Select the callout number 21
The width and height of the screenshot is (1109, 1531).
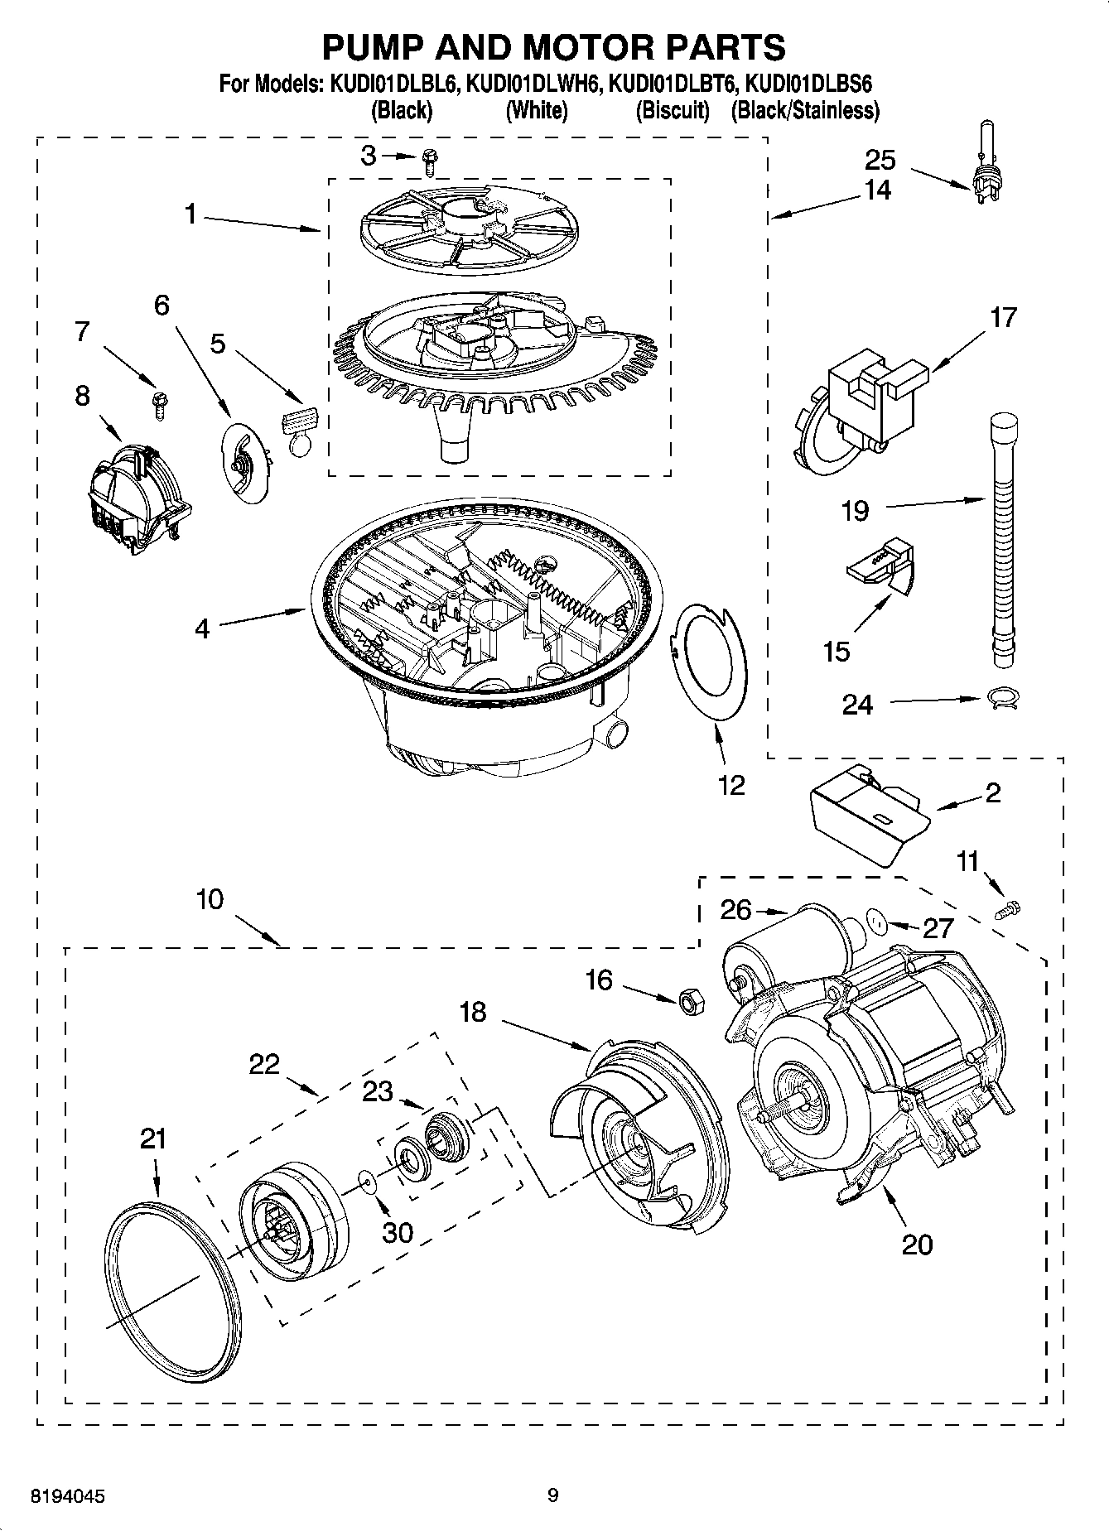pos(153,1139)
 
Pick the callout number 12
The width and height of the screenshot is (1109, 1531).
pos(731,784)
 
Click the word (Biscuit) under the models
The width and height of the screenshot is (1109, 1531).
pos(673,110)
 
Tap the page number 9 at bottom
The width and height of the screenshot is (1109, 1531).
pos(552,1495)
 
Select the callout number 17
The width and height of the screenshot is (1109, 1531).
pos(1003,317)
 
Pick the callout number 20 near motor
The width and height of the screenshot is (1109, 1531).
pos(917,1244)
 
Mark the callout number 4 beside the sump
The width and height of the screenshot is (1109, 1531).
pos(202,628)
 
